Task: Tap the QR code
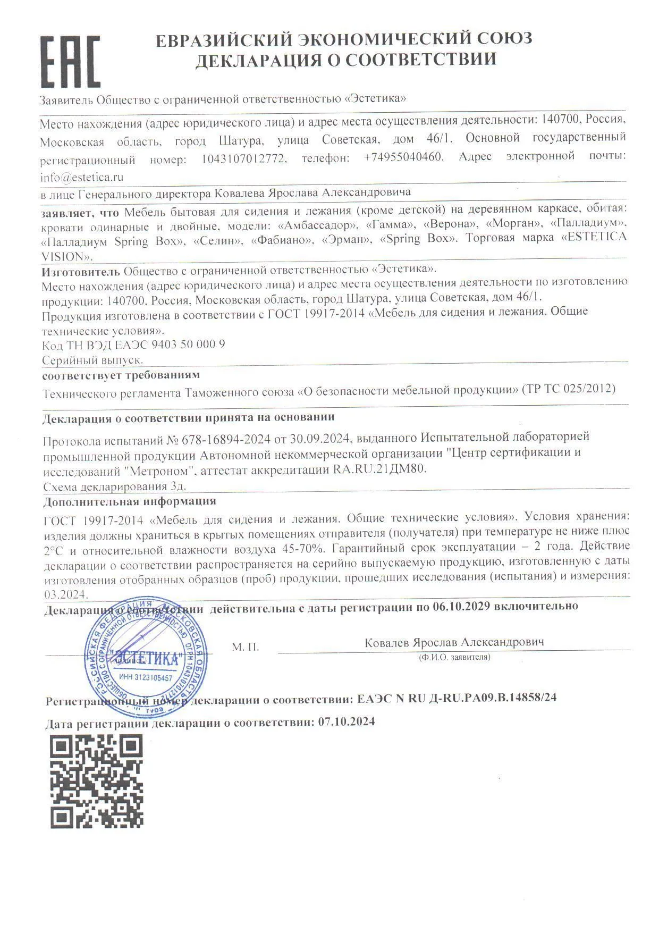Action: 97,781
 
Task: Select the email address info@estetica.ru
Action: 82,177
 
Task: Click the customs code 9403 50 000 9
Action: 188,345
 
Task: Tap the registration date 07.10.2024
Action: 346,722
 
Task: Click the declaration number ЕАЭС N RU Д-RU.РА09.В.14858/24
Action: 457,698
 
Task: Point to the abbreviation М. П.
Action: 246,647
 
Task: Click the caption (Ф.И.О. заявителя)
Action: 454,658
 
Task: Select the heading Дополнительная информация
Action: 130,501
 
